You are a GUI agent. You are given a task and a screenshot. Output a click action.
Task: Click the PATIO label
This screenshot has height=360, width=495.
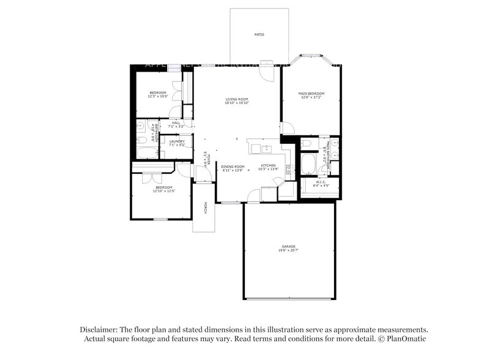pyautogui.click(x=259, y=34)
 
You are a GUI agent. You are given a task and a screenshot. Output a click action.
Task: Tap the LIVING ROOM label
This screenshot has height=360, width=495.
pyautogui.click(x=236, y=99)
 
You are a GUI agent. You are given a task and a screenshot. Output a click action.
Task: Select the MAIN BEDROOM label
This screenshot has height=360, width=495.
pyautogui.click(x=311, y=93)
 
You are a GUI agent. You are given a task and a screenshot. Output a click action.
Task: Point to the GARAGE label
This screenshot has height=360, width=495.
pyautogui.click(x=289, y=246)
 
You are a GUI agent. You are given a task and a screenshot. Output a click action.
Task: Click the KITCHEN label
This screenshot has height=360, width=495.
pyautogui.click(x=269, y=165)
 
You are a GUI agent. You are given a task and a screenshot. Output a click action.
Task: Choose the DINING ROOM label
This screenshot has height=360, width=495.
pyautogui.click(x=233, y=166)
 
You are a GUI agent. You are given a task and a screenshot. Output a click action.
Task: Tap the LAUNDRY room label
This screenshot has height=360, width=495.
pyautogui.click(x=177, y=141)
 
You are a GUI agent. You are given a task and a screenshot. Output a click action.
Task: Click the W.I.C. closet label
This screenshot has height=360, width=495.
pyautogui.click(x=321, y=181)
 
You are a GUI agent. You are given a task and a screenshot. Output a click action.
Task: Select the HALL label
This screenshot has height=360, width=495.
pyautogui.click(x=176, y=123)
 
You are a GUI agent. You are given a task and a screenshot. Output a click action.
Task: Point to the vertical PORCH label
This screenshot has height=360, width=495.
pyautogui.click(x=205, y=208)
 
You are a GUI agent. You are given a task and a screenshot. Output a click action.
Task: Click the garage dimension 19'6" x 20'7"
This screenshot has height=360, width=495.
pyautogui.click(x=289, y=250)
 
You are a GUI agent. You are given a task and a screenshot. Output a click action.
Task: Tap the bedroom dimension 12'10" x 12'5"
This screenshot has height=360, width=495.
pyautogui.click(x=164, y=191)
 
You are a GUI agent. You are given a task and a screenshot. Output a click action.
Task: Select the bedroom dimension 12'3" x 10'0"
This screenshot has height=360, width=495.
pyautogui.click(x=158, y=96)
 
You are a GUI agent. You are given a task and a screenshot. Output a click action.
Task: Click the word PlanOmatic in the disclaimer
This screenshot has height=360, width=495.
pyautogui.click(x=406, y=339)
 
